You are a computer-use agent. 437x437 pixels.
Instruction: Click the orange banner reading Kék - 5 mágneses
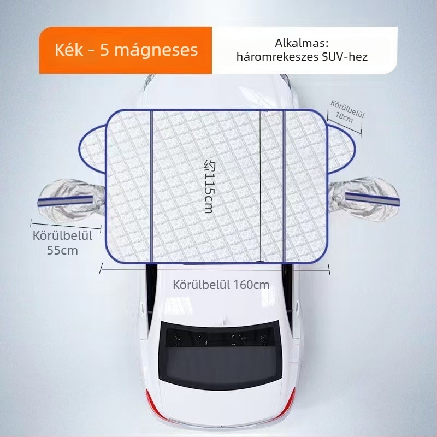pyautogui.click(x=126, y=50)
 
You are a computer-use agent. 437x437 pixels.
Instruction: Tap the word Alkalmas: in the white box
pyautogui.click(x=302, y=43)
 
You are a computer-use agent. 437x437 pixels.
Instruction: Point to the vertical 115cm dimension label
pyautogui.click(x=209, y=186)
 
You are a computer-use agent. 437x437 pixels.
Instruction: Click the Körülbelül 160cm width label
pyautogui.click(x=221, y=285)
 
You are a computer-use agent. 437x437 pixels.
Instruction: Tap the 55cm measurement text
pyautogui.click(x=62, y=250)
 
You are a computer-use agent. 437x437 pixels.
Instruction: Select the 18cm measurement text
pyautogui.click(x=344, y=117)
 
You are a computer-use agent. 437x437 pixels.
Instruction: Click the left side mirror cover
pyautogui.click(x=72, y=199)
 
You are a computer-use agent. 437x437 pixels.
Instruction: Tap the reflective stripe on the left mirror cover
pyautogui.click(x=65, y=201)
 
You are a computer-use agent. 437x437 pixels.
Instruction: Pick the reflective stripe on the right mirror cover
pyautogui.click(x=373, y=199)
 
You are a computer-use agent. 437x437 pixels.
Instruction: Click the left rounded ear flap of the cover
pyautogui.click(x=92, y=149)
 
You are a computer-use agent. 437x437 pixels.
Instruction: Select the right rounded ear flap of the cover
pyautogui.click(x=341, y=149)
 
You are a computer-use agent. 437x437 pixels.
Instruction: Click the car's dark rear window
pyautogui.click(x=220, y=355)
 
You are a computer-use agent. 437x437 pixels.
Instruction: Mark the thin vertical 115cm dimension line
pyautogui.click(x=261, y=186)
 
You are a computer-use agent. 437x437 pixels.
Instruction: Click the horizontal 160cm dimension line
pyautogui.click(x=215, y=269)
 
